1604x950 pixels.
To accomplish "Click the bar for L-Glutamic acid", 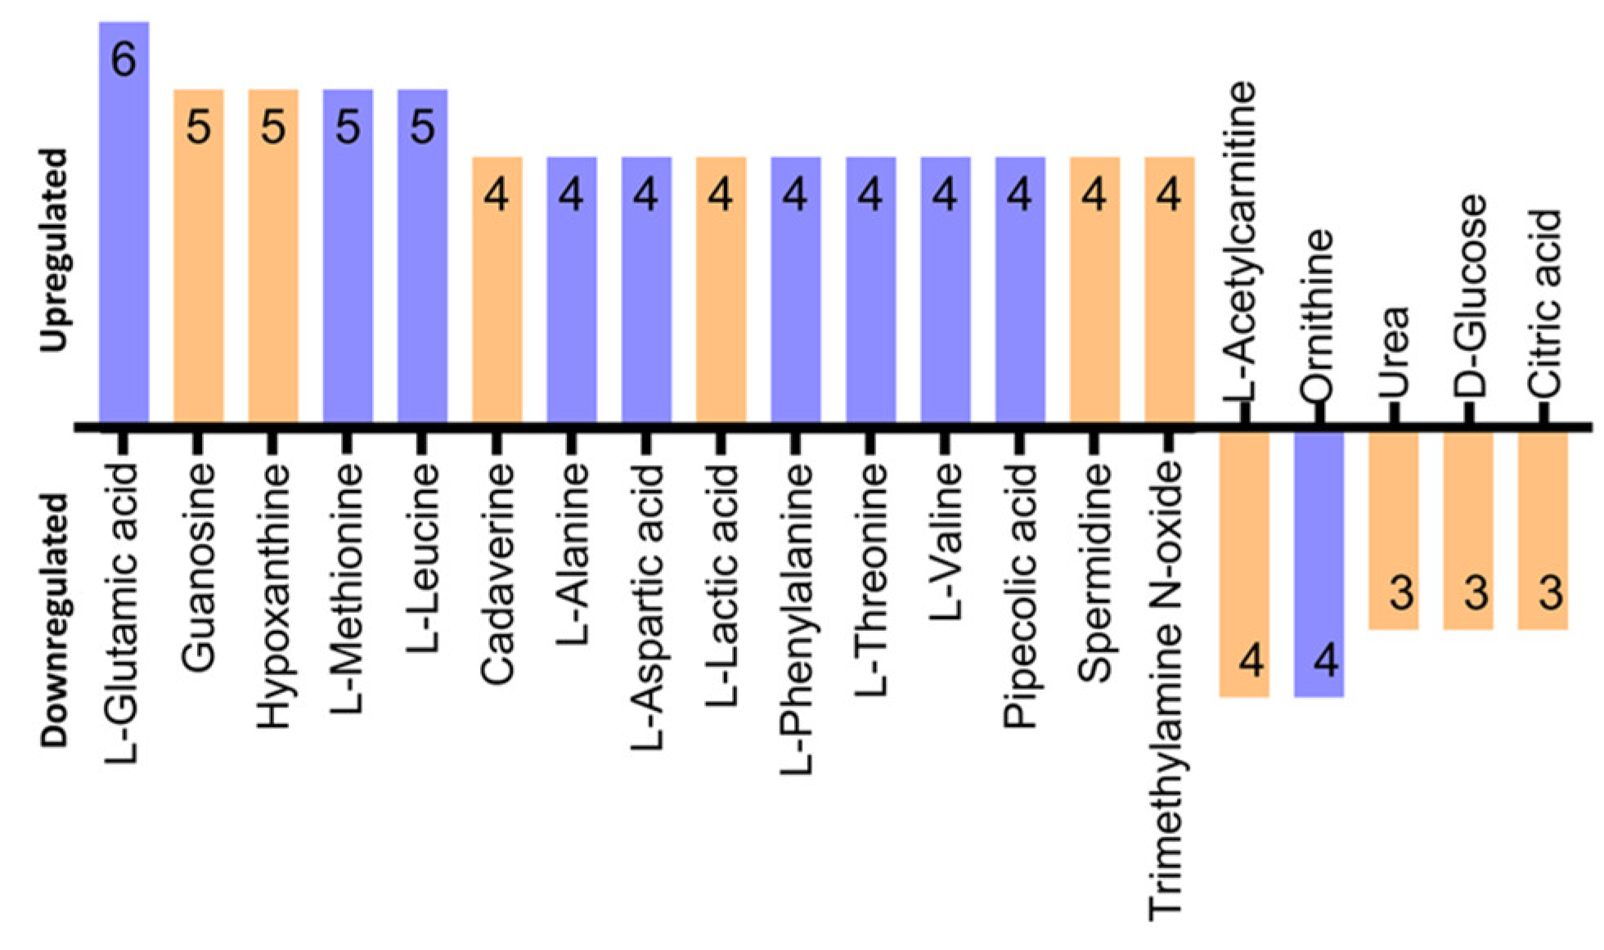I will [124, 245].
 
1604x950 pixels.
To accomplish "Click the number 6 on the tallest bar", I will [124, 60].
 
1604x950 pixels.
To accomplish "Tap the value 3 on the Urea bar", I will [1401, 592].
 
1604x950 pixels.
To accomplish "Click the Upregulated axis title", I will [54, 250].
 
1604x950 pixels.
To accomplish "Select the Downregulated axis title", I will [54, 619].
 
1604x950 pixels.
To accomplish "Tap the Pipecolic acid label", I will [1019, 596].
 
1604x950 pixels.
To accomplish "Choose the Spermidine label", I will [1094, 573].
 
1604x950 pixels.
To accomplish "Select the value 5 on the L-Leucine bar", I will [422, 128].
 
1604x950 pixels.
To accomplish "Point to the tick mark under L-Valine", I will [945, 442].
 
